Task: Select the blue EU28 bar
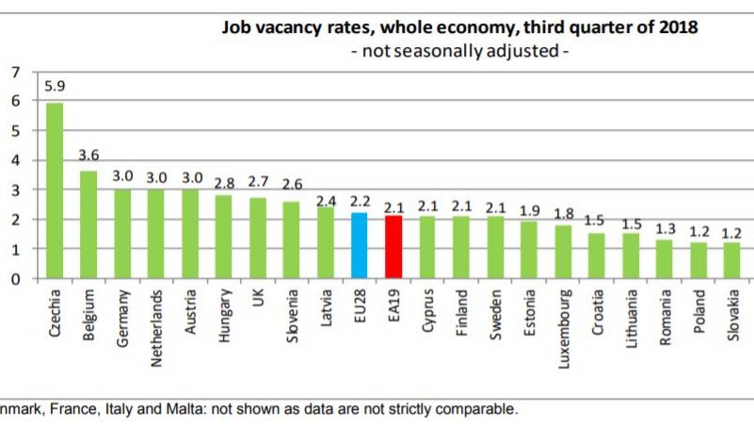359,246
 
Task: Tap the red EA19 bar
393,247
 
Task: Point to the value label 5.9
55,87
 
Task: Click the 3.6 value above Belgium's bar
88,155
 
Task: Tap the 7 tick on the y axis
13,72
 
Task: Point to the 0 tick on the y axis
13,279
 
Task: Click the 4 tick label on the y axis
13,160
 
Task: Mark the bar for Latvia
325,243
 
